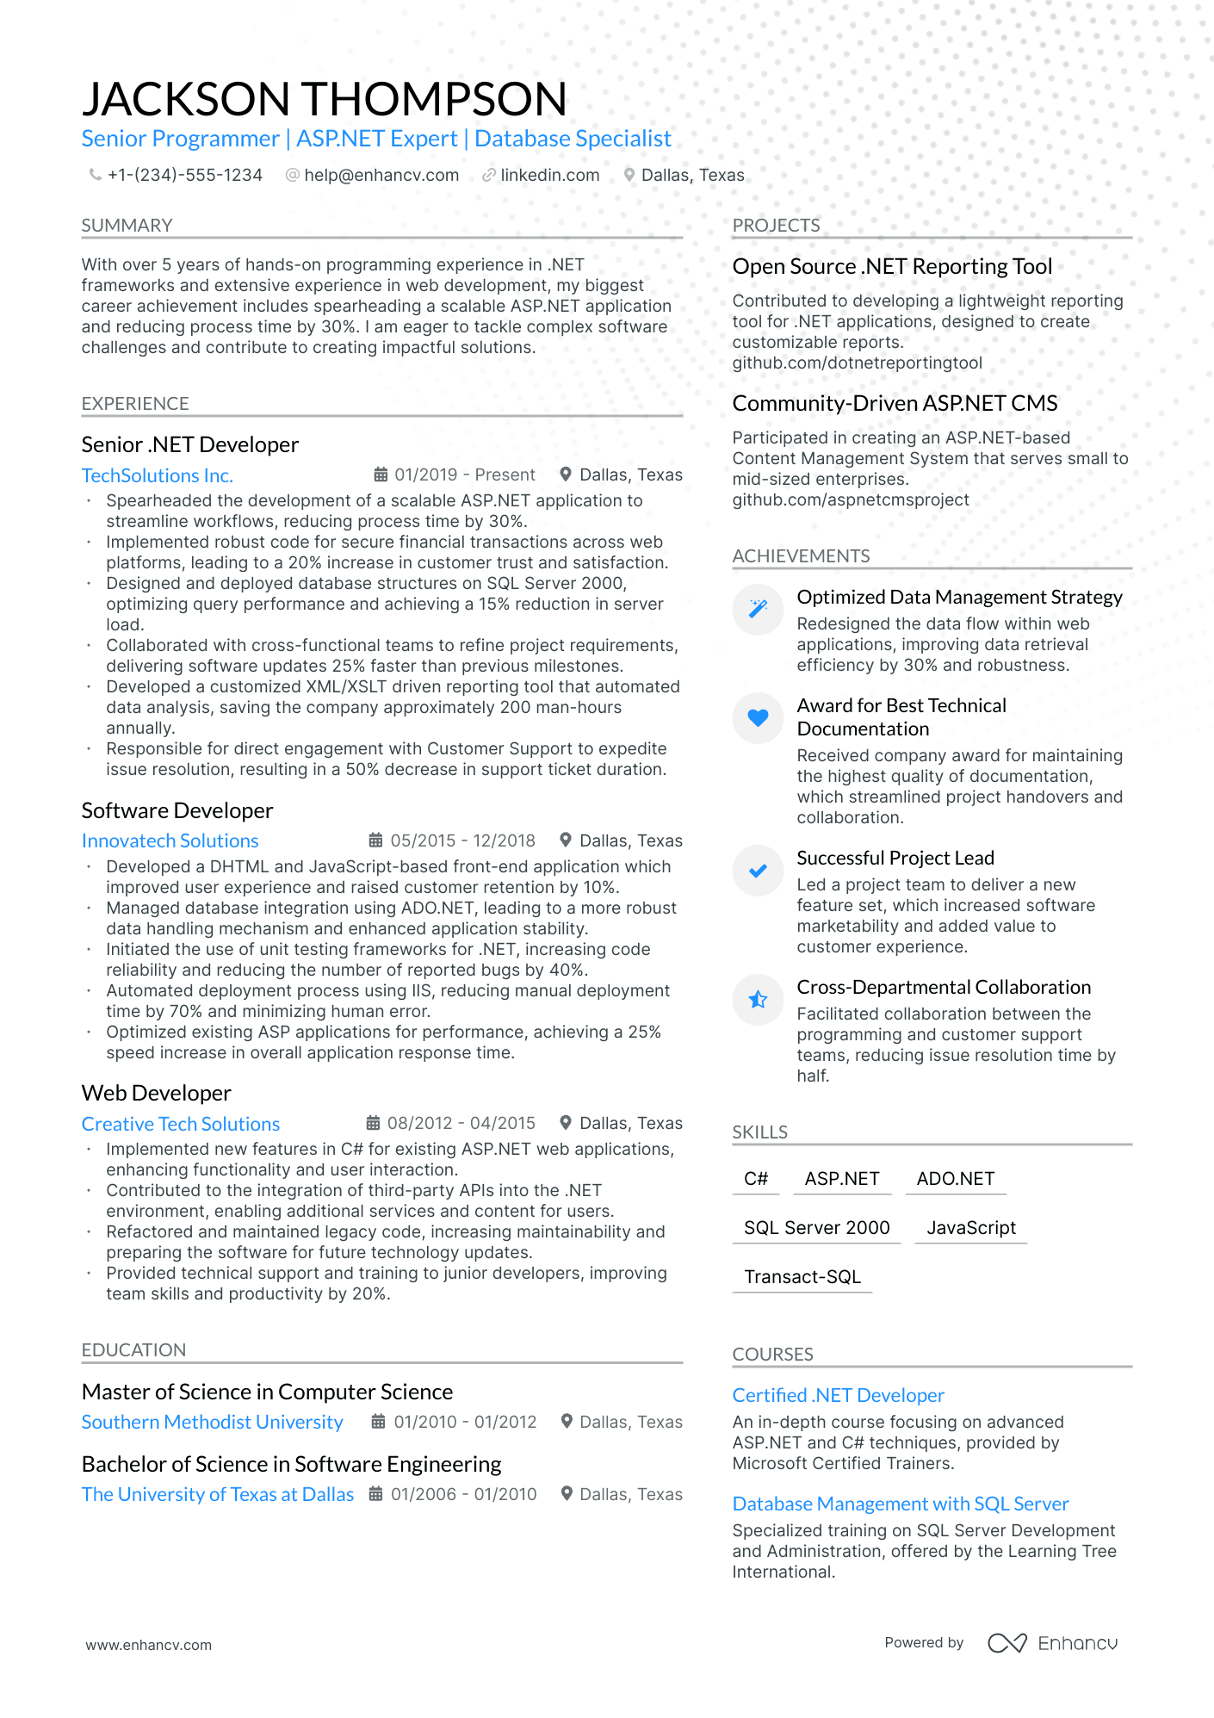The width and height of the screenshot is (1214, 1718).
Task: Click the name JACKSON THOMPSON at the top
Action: pos(324,99)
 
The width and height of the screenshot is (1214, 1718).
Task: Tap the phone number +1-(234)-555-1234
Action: pos(184,176)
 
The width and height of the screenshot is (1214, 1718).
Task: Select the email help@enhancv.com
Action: pos(381,176)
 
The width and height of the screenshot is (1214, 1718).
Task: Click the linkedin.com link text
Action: pos(549,176)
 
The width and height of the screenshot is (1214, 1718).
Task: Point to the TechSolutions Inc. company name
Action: pos(157,475)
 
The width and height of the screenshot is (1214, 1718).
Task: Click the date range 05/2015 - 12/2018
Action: pos(462,840)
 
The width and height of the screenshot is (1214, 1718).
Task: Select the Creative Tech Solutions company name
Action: pos(181,1124)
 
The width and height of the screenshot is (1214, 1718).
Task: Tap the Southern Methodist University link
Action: pos(212,1422)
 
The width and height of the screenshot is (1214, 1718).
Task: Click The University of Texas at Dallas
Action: pos(217,1494)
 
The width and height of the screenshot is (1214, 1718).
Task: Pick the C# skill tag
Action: pos(756,1179)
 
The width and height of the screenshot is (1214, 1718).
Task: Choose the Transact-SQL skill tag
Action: pos(802,1277)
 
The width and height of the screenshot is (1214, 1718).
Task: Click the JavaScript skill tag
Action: pos(971,1228)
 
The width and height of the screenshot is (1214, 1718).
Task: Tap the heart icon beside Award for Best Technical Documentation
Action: pos(758,717)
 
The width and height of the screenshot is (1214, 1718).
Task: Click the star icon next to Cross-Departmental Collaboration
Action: pos(758,999)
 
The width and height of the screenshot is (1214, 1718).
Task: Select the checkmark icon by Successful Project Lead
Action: pos(758,871)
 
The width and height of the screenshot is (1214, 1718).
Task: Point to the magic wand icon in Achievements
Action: pos(758,609)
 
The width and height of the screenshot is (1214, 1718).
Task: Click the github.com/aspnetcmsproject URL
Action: pos(851,500)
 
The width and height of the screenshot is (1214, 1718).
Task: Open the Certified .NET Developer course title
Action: pos(838,1395)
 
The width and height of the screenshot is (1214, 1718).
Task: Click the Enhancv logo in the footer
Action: pos(1052,1643)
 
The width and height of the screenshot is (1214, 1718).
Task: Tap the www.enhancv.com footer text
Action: pos(148,1645)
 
